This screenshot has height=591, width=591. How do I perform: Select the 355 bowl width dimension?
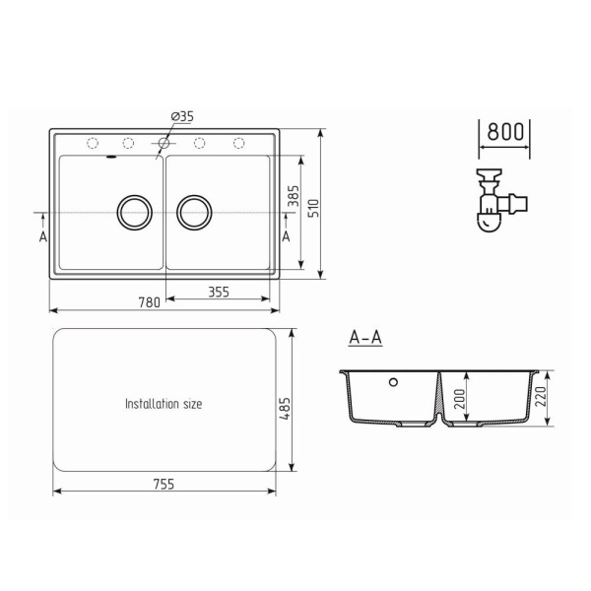pos(219,291)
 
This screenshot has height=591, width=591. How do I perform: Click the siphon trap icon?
pos(497,201)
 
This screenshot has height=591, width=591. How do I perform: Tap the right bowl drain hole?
pos(195,211)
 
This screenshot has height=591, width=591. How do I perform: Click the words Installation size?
pos(164,404)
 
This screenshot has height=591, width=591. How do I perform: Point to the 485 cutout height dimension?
pos(285,403)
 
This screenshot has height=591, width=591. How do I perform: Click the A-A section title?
pos(365,338)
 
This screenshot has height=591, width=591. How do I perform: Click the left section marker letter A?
pos(43,236)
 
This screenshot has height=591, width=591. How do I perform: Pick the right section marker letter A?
pos(286,236)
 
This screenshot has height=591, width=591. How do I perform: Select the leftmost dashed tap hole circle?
pos(93,144)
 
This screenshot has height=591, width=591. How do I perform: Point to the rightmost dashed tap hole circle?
pos(238,144)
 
